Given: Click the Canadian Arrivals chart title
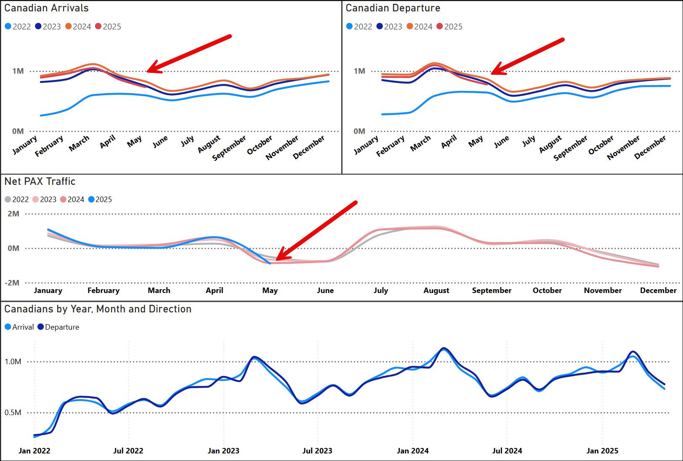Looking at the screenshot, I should pyautogui.click(x=46, y=8).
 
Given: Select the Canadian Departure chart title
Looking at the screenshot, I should pyautogui.click(x=393, y=8).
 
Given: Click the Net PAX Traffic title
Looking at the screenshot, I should pyautogui.click(x=40, y=181).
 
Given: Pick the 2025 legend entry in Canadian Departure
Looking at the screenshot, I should pyautogui.click(x=450, y=27).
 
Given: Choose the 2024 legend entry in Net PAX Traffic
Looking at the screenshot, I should pyautogui.click(x=72, y=200).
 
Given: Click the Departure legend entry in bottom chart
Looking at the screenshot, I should pyautogui.click(x=58, y=327).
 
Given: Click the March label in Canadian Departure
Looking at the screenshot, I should pyautogui.click(x=420, y=144).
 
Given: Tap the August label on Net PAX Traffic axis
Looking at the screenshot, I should pyautogui.click(x=436, y=290).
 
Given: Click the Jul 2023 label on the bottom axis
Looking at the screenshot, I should pyautogui.click(x=317, y=451).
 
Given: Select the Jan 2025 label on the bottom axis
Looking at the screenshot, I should pyautogui.click(x=602, y=451).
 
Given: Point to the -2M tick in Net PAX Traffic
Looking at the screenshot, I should pyautogui.click(x=12, y=283).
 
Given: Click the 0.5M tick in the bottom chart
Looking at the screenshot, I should pyautogui.click(x=13, y=413).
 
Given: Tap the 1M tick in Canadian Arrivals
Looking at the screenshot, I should pyautogui.click(x=18, y=71).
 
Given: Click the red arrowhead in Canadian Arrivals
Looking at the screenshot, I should pyautogui.click(x=152, y=69).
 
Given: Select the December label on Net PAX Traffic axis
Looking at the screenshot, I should pyautogui.click(x=658, y=290).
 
